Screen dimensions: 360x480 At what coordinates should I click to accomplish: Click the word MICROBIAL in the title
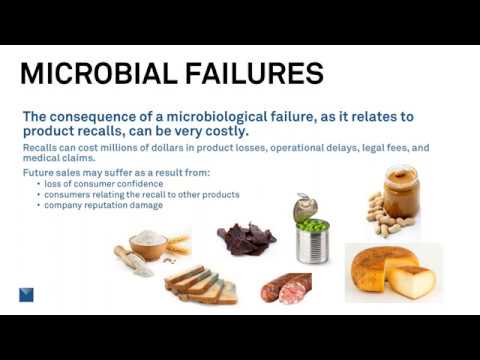95,74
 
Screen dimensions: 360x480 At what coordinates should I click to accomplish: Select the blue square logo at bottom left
27,293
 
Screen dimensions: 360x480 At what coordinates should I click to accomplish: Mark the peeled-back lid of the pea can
304,208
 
